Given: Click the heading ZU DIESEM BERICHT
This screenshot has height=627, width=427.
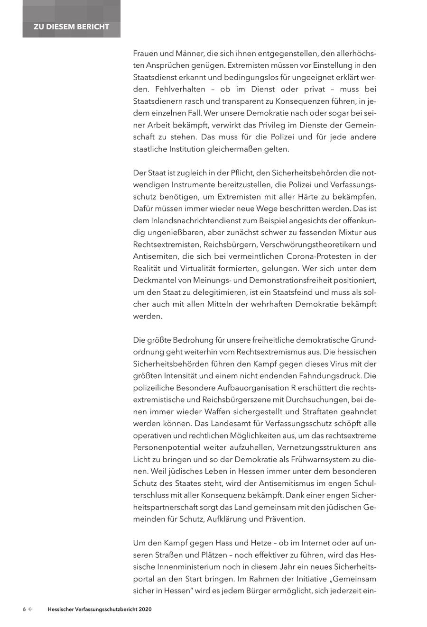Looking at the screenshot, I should click(x=71, y=27).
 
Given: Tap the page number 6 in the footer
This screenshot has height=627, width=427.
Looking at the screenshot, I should click(x=24, y=609).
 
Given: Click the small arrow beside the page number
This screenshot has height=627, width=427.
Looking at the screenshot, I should click(x=31, y=609).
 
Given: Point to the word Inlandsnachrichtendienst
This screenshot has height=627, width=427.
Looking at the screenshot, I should click(x=194, y=220).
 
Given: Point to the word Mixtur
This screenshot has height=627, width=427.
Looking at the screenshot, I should click(x=350, y=233).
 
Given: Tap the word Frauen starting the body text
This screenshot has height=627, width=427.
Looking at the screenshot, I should click(x=146, y=54).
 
